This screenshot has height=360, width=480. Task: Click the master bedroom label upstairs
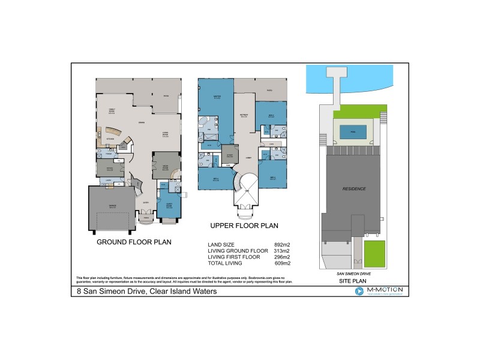[x=217, y=97]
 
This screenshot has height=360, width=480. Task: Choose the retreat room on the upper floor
[x=244, y=116]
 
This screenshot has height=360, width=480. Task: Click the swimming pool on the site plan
[x=353, y=131]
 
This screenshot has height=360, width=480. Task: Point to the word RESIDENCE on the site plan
[x=353, y=189]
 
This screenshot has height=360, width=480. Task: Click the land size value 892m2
[x=282, y=245]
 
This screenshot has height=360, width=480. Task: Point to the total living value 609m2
[x=282, y=263]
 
